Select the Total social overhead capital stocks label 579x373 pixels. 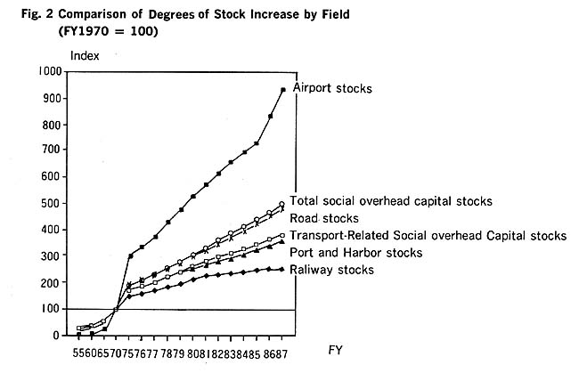392,201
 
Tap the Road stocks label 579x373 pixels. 325,218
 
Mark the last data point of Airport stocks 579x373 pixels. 283,90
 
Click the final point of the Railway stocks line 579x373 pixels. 283,270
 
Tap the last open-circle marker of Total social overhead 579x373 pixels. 282,205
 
